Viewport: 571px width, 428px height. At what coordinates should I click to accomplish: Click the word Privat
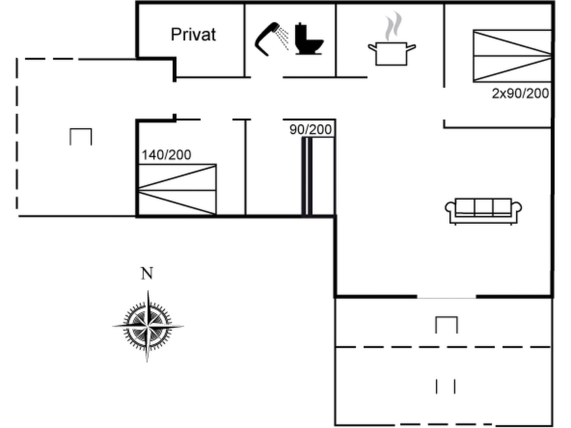point(193,35)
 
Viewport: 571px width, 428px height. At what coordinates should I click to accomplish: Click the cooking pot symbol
point(391,53)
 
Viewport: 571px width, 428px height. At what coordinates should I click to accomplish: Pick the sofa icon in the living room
point(483,211)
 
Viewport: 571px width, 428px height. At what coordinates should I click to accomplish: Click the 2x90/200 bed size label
point(520,94)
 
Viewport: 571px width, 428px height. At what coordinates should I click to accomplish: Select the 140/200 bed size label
point(166,155)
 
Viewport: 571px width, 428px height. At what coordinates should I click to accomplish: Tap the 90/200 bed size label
point(311,130)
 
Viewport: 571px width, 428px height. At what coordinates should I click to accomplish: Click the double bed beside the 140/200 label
point(177,189)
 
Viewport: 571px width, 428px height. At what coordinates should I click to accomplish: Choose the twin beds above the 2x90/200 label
point(512,56)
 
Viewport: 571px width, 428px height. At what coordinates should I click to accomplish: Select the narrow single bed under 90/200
point(323,176)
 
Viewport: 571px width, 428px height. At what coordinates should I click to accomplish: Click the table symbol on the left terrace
point(81,137)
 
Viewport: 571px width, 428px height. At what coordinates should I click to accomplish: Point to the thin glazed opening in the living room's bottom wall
point(446,298)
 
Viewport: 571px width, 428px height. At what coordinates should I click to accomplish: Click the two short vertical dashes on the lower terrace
point(446,386)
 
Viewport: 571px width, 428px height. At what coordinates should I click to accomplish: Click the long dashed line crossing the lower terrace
point(443,347)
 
